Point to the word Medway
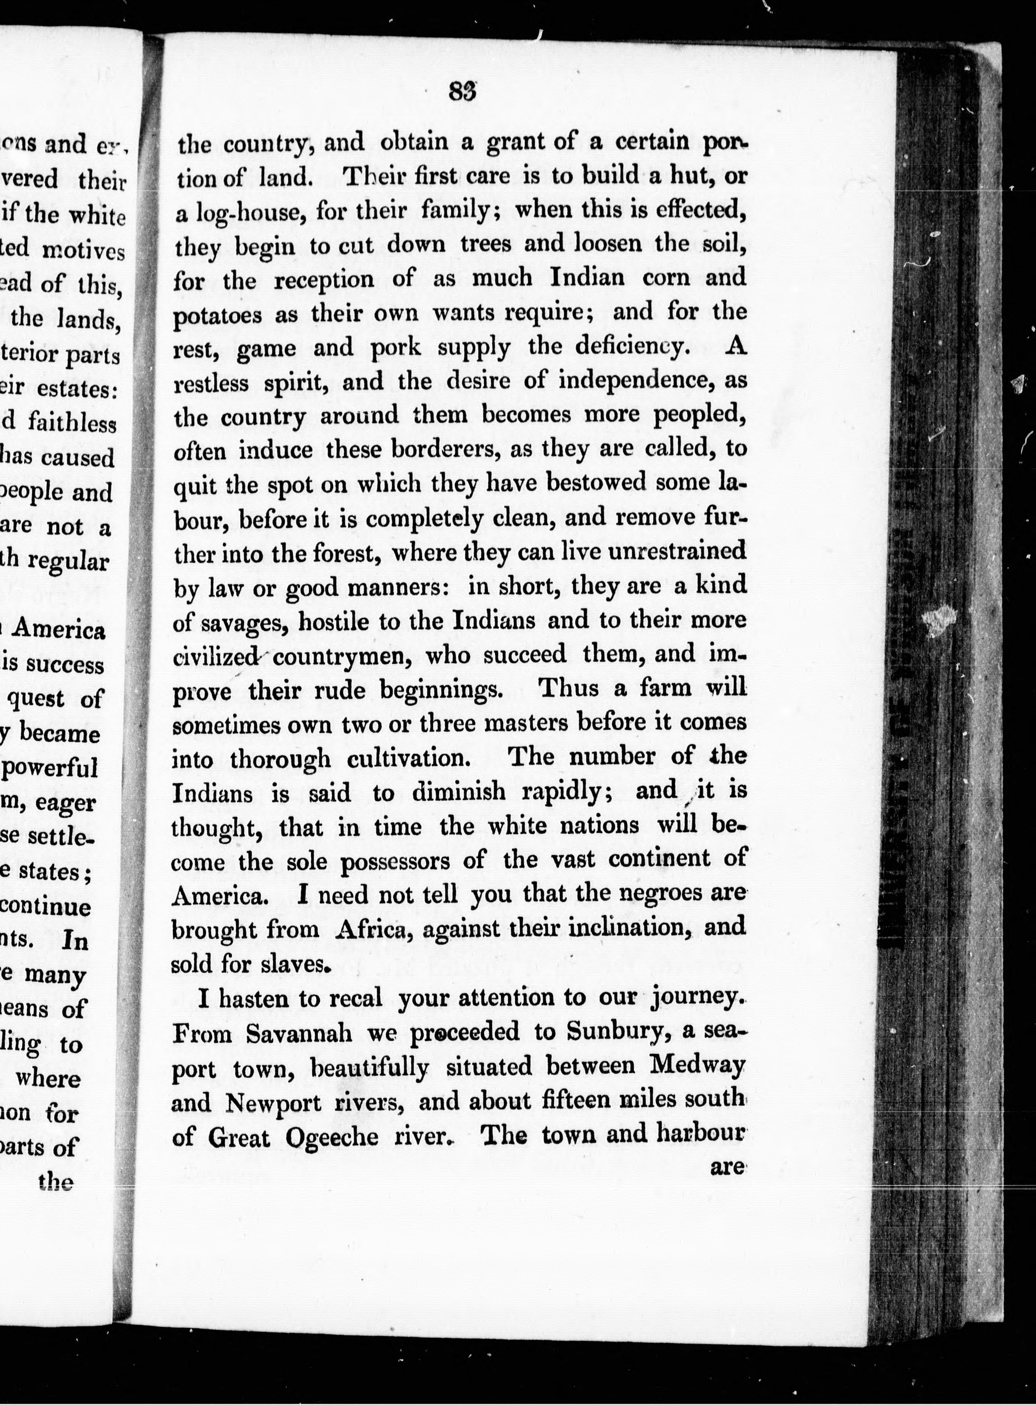coord(697,1066)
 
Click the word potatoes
coord(217,315)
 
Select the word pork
coord(396,348)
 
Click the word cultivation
coord(408,759)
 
